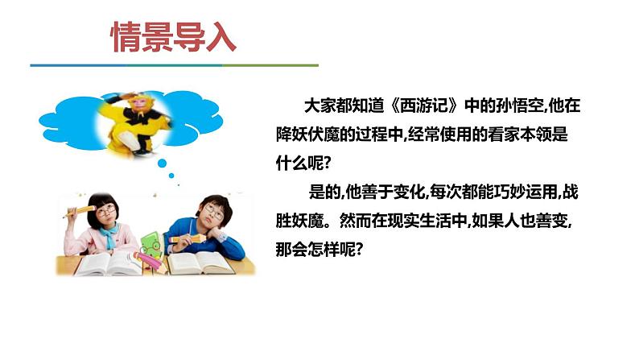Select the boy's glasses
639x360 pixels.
(x=214, y=212)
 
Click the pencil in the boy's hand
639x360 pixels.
(x=181, y=238)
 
